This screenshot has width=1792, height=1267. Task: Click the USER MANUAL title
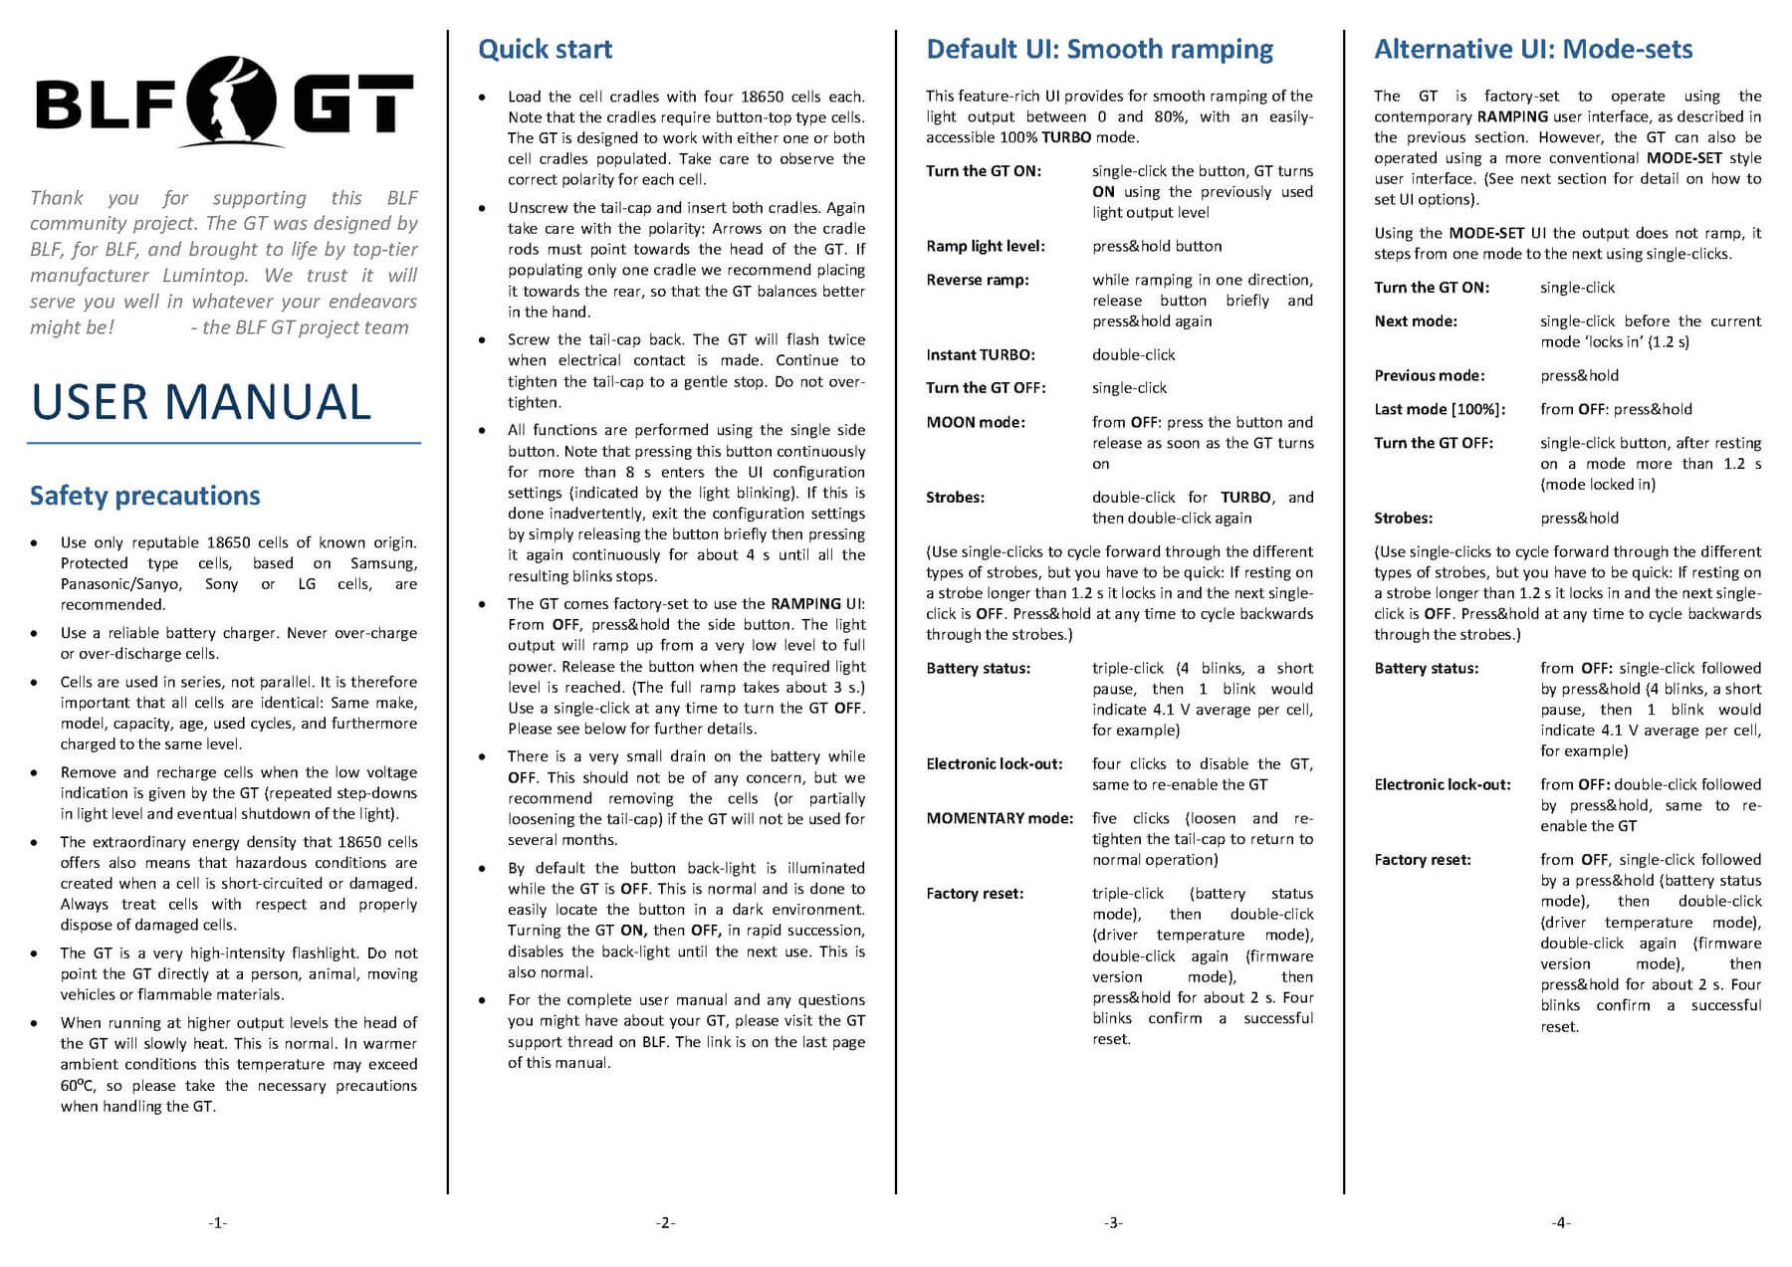[201, 402]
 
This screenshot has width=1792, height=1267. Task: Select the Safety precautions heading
[144, 496]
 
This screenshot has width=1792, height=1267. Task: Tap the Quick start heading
[545, 50]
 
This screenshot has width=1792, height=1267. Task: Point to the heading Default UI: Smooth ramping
[1099, 50]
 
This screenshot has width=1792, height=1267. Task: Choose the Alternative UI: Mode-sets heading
[1533, 50]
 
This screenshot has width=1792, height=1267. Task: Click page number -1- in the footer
[217, 1222]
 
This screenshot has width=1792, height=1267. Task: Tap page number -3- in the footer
[1113, 1222]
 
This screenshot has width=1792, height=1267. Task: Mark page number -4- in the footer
[1561, 1222]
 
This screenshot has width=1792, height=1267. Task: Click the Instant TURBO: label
[980, 355]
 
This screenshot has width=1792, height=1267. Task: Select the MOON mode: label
[975, 423]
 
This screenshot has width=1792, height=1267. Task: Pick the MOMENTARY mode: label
[1000, 819]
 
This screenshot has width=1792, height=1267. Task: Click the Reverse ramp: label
[977, 281]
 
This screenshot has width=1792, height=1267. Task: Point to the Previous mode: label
[1429, 376]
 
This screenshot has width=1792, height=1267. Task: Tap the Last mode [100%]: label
[1440, 410]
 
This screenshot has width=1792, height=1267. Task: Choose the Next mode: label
[1415, 321]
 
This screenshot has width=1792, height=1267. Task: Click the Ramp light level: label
[985, 247]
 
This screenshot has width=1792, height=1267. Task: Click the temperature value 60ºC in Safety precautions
[77, 1086]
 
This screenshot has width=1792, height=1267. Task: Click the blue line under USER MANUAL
[224, 442]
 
